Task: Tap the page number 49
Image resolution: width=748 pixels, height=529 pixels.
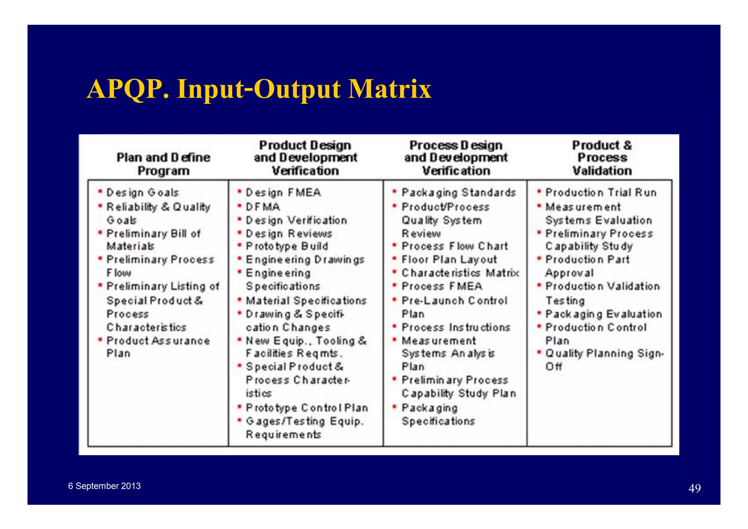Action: (x=694, y=488)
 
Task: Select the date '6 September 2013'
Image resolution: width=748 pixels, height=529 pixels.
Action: (x=104, y=486)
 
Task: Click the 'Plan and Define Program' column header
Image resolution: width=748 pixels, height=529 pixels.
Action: (x=163, y=164)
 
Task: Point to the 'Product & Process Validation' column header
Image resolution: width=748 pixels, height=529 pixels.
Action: (x=602, y=158)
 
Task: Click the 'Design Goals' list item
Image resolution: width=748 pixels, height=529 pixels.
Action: (x=142, y=193)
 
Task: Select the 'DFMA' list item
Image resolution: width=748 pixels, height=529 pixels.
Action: (x=263, y=207)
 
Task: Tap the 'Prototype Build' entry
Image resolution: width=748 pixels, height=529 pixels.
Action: (x=287, y=246)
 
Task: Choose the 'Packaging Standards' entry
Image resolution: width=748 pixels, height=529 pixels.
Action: (x=458, y=193)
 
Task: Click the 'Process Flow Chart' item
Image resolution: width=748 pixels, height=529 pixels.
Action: (x=455, y=246)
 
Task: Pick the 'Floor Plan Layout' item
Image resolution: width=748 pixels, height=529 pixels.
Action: (x=449, y=259)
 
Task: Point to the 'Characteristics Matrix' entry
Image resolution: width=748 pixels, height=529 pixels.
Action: (x=460, y=273)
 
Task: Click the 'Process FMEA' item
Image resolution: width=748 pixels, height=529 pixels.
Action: (x=442, y=286)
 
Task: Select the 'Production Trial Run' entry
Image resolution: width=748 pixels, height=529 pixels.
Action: (x=601, y=193)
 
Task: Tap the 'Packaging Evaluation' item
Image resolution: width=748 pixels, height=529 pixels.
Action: (x=603, y=314)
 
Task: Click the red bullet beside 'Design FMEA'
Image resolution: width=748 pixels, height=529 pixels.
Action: (x=240, y=191)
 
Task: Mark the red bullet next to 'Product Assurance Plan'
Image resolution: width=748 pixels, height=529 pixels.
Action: (x=100, y=340)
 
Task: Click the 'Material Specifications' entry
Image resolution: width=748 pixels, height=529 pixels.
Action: (x=306, y=301)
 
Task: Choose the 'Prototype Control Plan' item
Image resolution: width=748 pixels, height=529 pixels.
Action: (x=307, y=408)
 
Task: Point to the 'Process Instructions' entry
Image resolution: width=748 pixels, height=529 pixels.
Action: (x=456, y=327)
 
